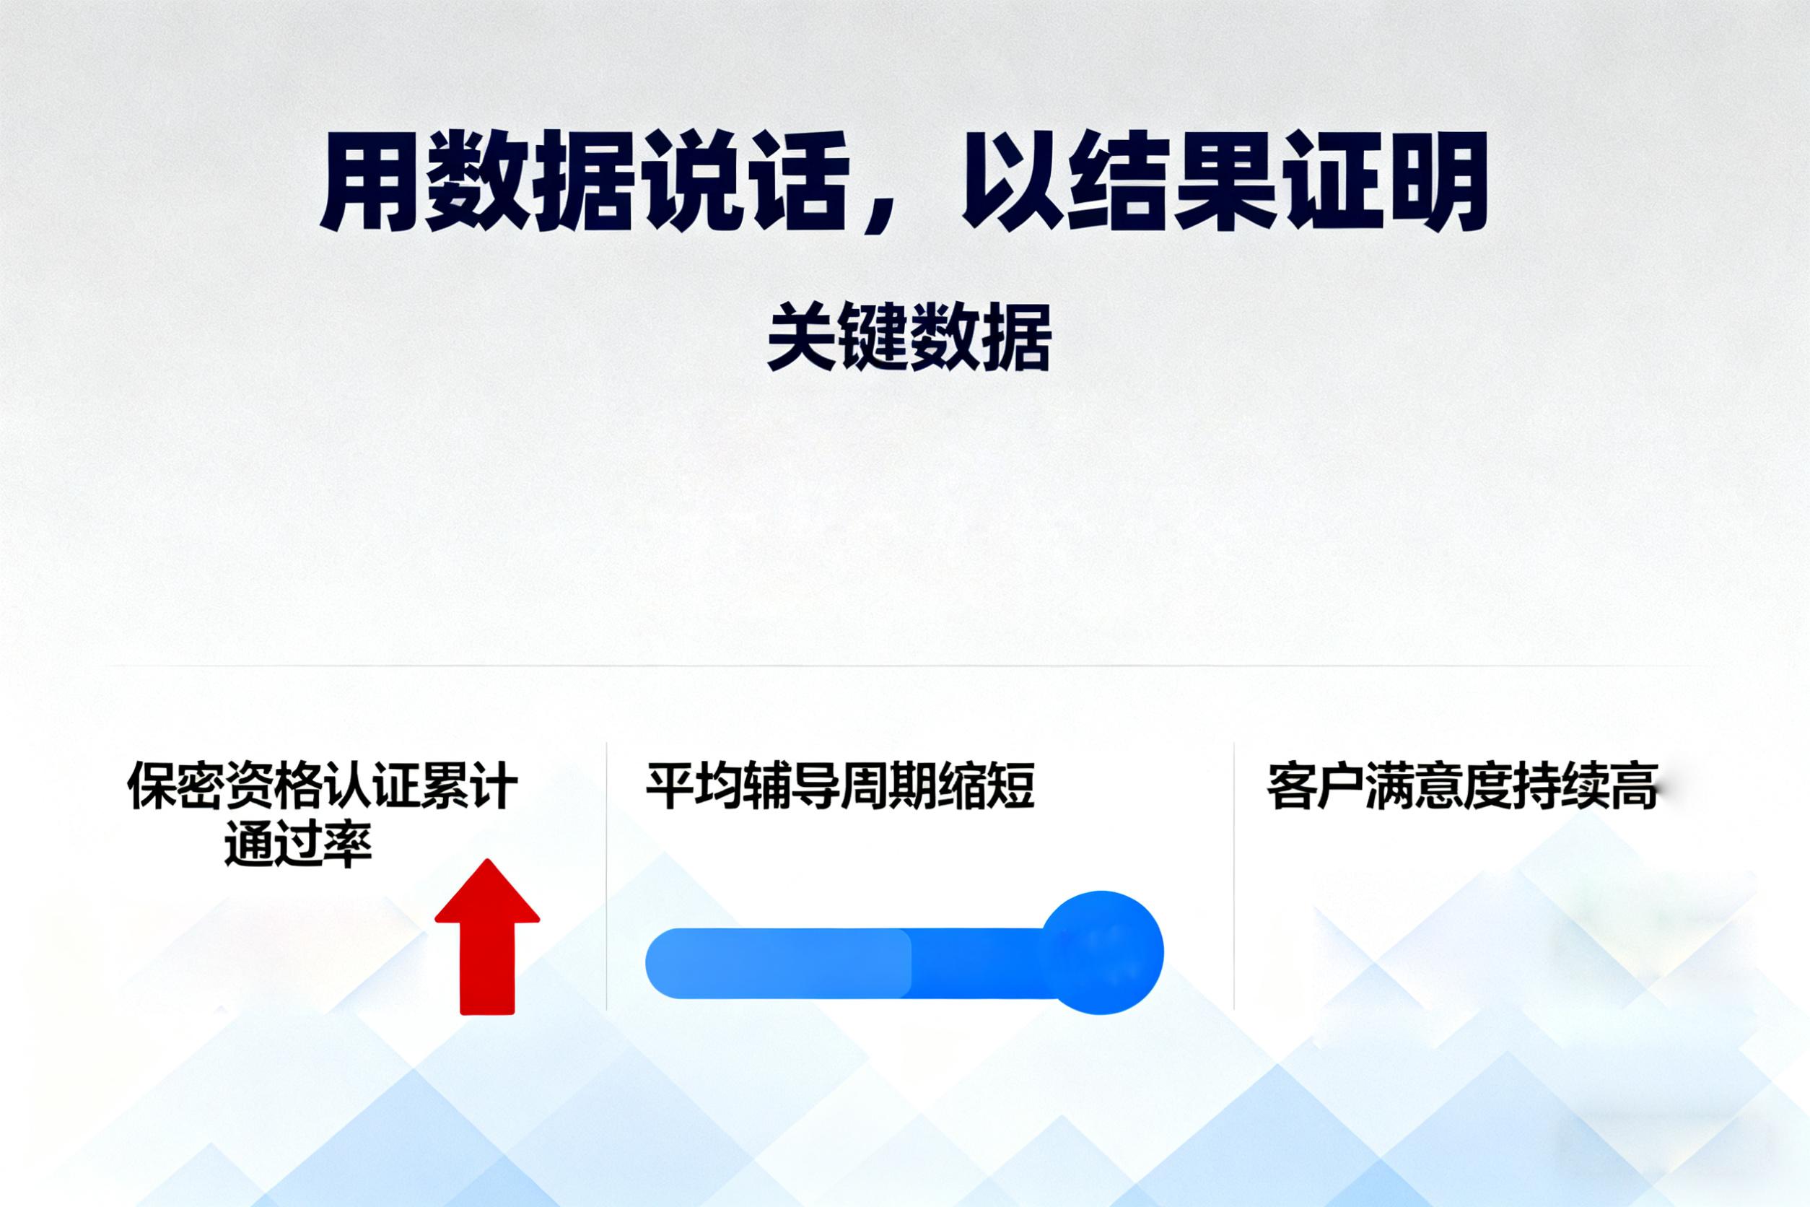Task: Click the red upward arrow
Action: point(487,937)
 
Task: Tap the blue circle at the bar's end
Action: point(1101,952)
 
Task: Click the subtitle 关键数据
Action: point(909,337)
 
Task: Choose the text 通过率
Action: point(298,845)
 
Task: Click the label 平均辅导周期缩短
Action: point(840,786)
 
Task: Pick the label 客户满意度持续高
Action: point(1461,786)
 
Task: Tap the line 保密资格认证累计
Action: point(323,786)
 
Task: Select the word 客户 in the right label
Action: point(1315,786)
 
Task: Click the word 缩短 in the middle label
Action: point(987,786)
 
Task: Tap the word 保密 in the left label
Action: point(175,786)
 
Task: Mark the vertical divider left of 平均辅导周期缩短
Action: point(606,876)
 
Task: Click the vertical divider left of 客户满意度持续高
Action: point(1233,876)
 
